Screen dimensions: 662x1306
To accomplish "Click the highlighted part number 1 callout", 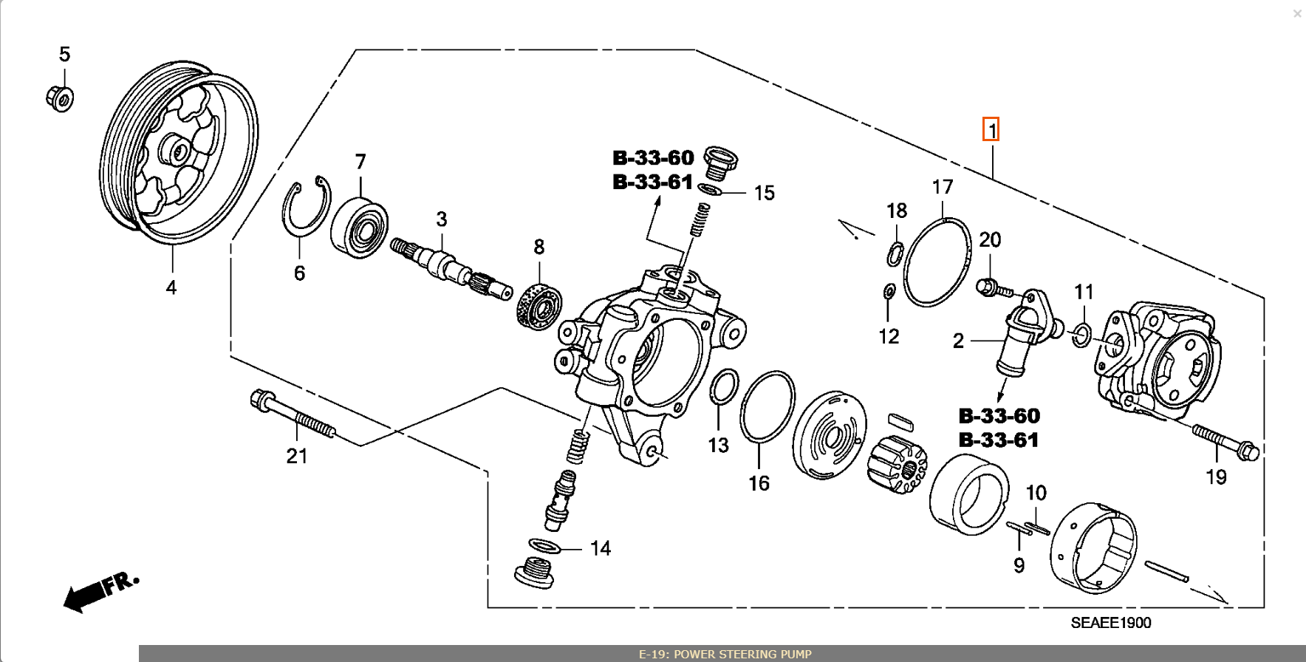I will click(x=991, y=130).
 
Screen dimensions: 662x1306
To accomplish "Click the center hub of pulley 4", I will click(x=179, y=151).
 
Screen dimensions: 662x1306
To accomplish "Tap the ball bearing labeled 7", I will click(x=360, y=228).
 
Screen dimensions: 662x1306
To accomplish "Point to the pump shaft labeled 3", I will click(x=447, y=267).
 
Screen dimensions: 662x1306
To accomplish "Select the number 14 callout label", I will click(x=600, y=548).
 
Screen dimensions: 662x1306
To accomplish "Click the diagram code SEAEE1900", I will click(x=1110, y=623).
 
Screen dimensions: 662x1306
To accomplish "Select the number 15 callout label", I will click(x=764, y=193).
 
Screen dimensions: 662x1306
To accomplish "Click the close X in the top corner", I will click(x=1296, y=14).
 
